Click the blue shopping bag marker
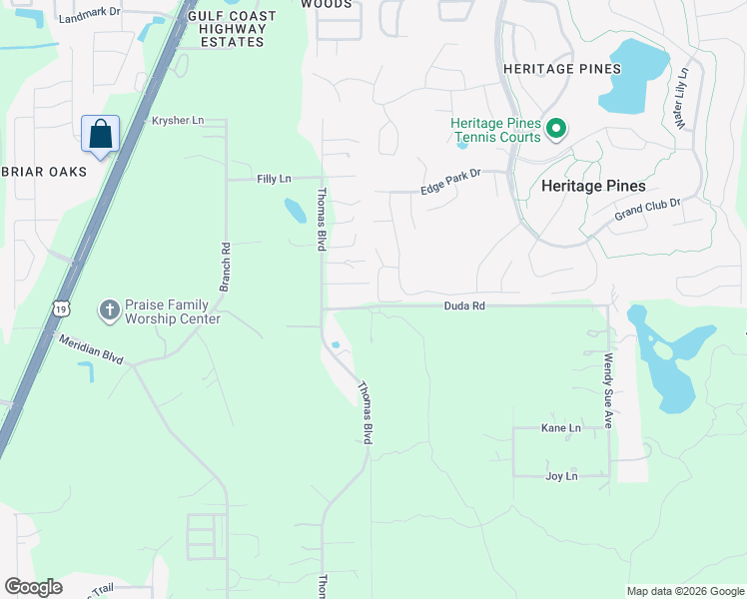click(100, 135)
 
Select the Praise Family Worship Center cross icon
click(110, 310)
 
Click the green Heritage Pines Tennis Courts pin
click(556, 129)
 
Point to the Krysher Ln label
click(177, 121)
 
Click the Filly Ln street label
click(273, 179)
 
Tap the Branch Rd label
click(226, 263)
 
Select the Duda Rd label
click(464, 306)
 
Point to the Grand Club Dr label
click(646, 209)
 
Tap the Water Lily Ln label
click(684, 98)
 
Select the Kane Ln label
click(560, 427)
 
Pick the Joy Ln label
click(562, 476)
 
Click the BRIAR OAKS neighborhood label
click(43, 172)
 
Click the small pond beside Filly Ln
click(295, 210)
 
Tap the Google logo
click(33, 587)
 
